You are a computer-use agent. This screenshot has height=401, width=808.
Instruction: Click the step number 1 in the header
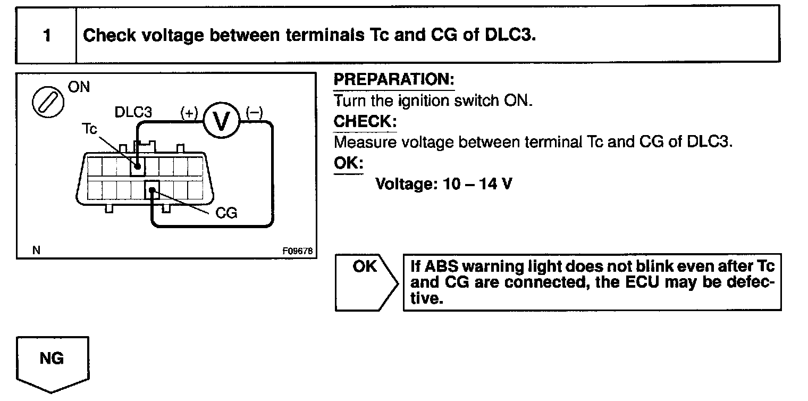click(47, 36)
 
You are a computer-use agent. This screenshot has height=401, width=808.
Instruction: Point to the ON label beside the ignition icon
click(79, 87)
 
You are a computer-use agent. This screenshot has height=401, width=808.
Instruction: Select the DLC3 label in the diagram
click(133, 113)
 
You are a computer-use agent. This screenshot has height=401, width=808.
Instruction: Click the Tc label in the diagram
click(89, 129)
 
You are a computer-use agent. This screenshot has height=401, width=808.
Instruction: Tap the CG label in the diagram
click(226, 214)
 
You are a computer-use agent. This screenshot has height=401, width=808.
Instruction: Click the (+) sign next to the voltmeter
click(189, 113)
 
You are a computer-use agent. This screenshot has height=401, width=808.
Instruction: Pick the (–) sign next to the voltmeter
click(254, 112)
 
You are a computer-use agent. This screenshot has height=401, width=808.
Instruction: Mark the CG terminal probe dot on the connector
click(153, 190)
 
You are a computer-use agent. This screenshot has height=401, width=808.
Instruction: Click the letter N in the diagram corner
click(36, 250)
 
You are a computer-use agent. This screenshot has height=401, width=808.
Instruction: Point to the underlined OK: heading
click(348, 163)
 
